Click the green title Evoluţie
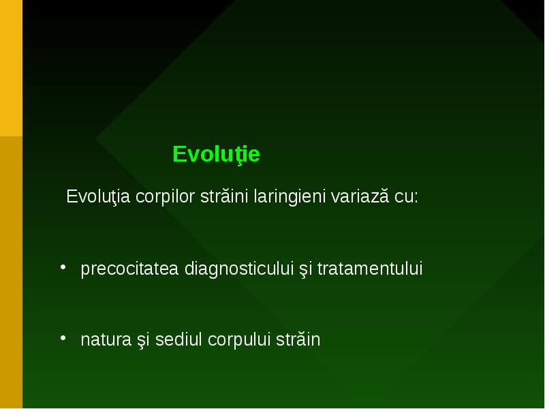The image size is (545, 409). pyautogui.click(x=216, y=154)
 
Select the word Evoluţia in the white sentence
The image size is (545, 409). pyautogui.click(x=98, y=196)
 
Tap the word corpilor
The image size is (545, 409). pyautogui.click(x=165, y=197)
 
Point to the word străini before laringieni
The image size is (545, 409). pyautogui.click(x=224, y=196)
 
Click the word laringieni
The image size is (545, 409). pyautogui.click(x=289, y=197)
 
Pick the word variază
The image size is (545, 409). pyautogui.click(x=360, y=196)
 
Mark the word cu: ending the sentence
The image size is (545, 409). pyautogui.click(x=406, y=197)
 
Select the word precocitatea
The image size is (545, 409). pyautogui.click(x=129, y=269)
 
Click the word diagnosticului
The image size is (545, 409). pyautogui.click(x=239, y=269)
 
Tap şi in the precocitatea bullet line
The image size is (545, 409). pyautogui.click(x=305, y=269)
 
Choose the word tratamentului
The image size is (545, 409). pyautogui.click(x=370, y=269)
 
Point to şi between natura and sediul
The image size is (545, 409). pyautogui.click(x=143, y=340)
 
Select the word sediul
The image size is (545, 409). pyautogui.click(x=178, y=339)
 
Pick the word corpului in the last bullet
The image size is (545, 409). pyautogui.click(x=239, y=340)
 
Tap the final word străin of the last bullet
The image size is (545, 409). pyautogui.click(x=298, y=339)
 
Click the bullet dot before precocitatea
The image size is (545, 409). pyautogui.click(x=63, y=267)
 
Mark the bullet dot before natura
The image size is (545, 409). pyautogui.click(x=63, y=337)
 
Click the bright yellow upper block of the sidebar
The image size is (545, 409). pyautogui.click(x=11, y=68)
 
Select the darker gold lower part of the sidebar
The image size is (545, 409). pyautogui.click(x=11, y=272)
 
